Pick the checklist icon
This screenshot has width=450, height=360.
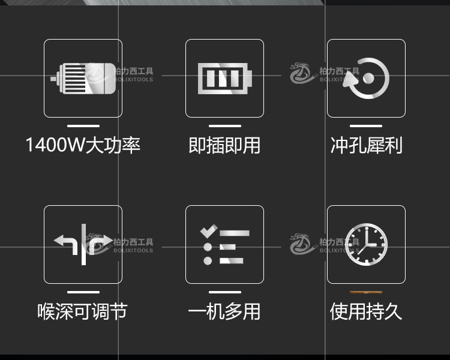coord(224,244)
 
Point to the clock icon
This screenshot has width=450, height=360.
coord(366,244)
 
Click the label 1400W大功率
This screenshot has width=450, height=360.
coord(83,145)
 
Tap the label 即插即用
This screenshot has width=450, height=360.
coord(224,145)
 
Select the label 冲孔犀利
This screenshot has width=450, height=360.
coord(366,145)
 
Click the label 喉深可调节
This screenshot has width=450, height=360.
coord(83,311)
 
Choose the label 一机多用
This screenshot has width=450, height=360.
coord(224,311)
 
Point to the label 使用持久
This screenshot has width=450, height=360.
coord(366,311)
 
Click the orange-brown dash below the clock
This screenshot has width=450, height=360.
coord(366,292)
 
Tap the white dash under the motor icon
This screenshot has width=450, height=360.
coord(83,126)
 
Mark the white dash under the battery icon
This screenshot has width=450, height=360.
coord(224,126)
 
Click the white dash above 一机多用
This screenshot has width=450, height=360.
coord(224,292)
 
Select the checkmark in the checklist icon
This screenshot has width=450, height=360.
coord(208,230)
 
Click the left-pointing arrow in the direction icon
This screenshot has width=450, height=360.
coord(65,242)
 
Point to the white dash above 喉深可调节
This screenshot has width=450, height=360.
coord(83,292)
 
